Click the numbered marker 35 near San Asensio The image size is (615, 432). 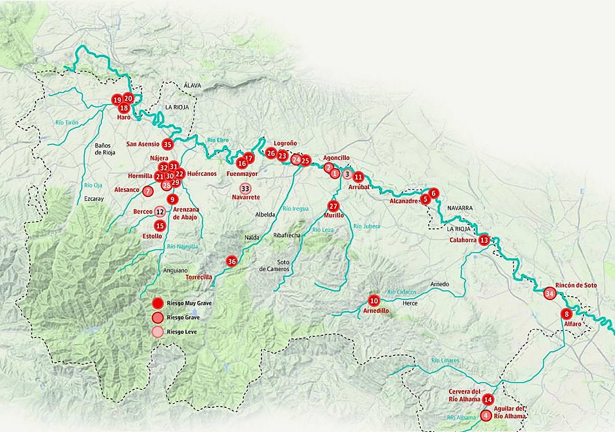pos(167,145)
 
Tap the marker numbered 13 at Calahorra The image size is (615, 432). pos(484,240)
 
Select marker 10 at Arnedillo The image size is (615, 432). pos(374,301)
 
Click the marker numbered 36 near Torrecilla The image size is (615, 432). pos(232,262)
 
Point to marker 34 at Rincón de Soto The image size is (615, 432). pos(550,294)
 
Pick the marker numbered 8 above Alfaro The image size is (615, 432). pos(567,314)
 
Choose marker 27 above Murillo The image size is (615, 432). pos(333,206)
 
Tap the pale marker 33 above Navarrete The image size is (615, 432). pos(245,188)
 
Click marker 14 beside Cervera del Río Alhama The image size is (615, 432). pos(488,400)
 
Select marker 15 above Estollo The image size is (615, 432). pos(160,225)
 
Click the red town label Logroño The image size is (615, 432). pos(285,143)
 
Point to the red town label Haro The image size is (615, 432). pos(124,117)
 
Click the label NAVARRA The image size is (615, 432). pos(459,208)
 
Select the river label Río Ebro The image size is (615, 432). pos(218,140)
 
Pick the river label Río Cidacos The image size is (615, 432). pos(402,292)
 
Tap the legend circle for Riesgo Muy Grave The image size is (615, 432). pos(158,303)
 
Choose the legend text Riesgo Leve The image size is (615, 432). pos(182,332)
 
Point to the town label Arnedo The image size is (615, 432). pos(439,284)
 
